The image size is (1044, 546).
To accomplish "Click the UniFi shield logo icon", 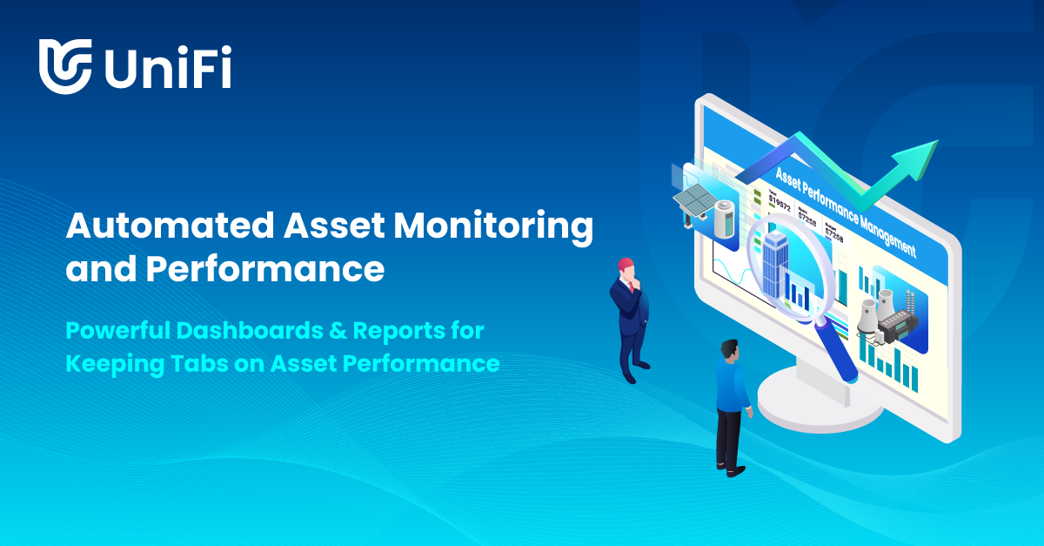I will [x=65, y=65].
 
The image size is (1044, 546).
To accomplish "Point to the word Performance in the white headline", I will [x=264, y=269].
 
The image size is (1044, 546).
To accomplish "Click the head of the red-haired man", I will [x=624, y=267].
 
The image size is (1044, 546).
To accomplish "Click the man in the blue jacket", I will [x=731, y=392].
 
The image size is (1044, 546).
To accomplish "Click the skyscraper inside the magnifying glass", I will [x=775, y=256].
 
